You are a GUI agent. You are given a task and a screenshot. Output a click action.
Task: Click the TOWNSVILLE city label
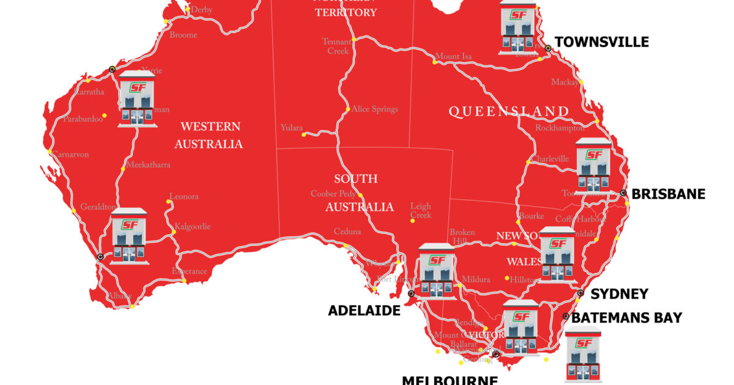601,42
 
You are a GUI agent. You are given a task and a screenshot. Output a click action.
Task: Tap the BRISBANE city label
669,194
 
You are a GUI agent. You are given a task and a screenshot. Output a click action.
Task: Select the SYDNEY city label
619,294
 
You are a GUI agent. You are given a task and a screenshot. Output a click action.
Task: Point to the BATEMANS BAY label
626,317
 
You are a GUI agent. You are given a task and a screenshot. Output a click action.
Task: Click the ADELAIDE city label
364,310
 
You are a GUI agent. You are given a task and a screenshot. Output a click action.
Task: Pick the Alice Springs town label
374,109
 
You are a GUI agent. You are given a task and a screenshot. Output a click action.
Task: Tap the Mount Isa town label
453,57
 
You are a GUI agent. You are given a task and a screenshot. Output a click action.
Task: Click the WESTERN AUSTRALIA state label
209,136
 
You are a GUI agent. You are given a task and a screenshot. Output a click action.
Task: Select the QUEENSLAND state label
509,111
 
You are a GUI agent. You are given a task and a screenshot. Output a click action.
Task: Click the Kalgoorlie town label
192,227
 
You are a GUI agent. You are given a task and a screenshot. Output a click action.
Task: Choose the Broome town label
183,35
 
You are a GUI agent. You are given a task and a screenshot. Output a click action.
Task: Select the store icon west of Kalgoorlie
129,236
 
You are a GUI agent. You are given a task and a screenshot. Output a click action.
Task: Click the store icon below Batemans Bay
582,356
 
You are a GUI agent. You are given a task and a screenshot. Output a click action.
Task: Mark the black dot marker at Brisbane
623,193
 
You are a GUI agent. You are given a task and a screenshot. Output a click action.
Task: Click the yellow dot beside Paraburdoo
105,115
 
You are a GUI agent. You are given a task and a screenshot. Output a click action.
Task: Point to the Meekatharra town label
148,165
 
